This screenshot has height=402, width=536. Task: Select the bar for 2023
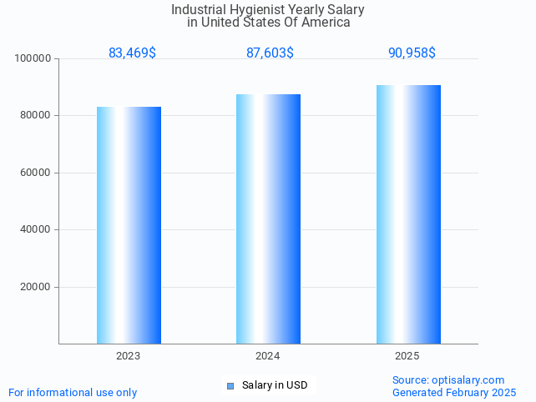129,225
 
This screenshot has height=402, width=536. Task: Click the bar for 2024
268,219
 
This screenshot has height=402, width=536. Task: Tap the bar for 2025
408,214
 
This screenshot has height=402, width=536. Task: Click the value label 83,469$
132,53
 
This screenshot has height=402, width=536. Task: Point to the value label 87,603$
270,53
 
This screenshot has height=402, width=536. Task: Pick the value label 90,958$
412,53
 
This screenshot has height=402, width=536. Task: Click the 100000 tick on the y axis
34,58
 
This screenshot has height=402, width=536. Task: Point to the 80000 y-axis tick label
37,116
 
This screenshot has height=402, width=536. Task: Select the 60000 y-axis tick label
37,173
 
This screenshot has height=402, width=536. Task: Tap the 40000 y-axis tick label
37,229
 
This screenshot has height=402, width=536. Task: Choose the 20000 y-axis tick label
37,287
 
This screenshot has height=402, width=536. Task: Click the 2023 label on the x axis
129,356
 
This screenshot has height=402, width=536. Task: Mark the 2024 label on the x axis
268,356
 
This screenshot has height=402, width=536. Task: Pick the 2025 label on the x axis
407,356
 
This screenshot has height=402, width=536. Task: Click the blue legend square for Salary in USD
230,385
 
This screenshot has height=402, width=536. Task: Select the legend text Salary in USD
275,385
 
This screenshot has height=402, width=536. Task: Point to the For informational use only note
73,393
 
